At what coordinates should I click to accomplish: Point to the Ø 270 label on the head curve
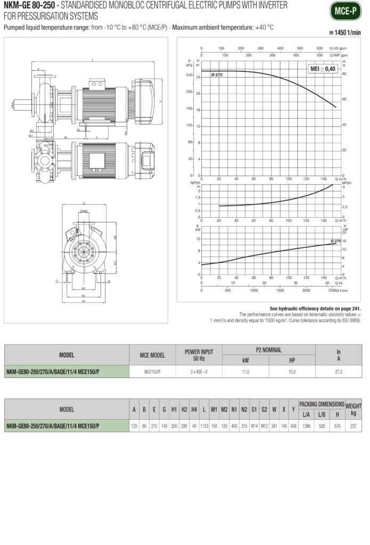[x=217, y=75]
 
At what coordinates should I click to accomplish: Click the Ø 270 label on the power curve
[x=335, y=241]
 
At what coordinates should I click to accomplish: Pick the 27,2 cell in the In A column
[x=338, y=371]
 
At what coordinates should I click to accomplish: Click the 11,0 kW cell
[x=245, y=371]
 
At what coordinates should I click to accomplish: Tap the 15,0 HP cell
[x=292, y=371]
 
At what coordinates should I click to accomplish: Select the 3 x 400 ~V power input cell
[x=199, y=371]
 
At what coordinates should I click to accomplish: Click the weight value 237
[x=353, y=426]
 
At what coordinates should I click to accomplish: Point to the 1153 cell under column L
[x=204, y=426]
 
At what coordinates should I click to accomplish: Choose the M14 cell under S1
[x=254, y=426]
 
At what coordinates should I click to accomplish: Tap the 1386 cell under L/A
[x=307, y=426]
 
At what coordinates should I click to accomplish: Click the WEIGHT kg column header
[x=353, y=409]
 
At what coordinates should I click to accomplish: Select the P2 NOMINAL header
[x=268, y=350]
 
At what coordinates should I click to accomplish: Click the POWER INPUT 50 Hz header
[x=199, y=354]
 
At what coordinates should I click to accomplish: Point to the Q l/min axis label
[x=342, y=291]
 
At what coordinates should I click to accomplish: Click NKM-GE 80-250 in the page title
[x=28, y=5]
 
